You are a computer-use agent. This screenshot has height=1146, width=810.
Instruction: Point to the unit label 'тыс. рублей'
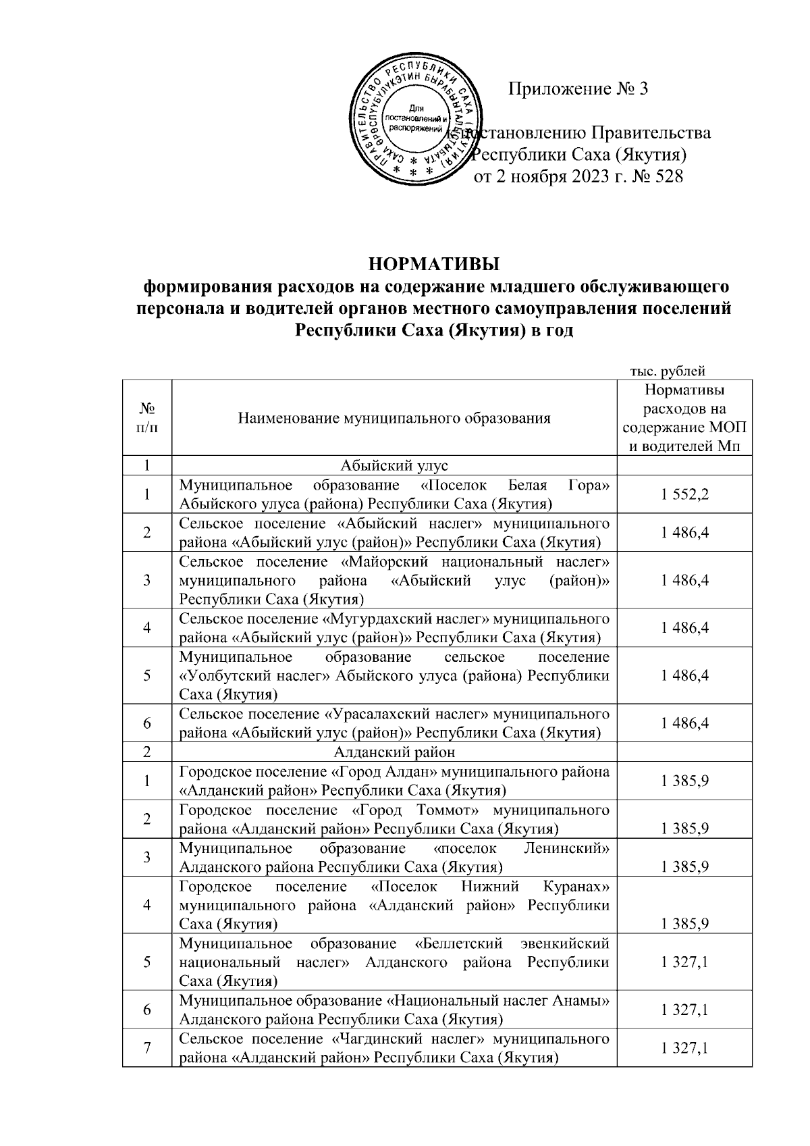(668, 370)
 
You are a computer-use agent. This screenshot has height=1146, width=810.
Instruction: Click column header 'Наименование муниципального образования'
(394, 418)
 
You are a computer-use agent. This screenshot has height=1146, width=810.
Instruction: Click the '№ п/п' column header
(146, 418)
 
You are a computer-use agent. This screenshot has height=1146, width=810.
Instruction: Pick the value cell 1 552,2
(684, 495)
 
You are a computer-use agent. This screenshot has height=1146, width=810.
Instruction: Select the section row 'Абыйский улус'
(394, 465)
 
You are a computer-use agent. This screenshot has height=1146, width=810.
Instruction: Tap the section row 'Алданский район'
(394, 752)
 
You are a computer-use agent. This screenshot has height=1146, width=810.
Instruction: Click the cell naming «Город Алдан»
(394, 781)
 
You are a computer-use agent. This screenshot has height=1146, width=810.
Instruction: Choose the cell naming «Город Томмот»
(394, 818)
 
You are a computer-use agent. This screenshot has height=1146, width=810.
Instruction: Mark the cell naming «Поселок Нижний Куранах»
(394, 905)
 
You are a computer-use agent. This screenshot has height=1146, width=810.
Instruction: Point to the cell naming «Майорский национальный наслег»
(394, 580)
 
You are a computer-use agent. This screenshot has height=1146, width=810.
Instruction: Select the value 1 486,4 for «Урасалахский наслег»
(684, 723)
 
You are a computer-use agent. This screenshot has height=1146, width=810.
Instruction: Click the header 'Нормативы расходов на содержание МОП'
(684, 418)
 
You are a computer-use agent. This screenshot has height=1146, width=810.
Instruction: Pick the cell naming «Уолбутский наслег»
(394, 675)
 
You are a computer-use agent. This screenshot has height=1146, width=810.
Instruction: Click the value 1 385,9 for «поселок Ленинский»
(684, 866)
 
